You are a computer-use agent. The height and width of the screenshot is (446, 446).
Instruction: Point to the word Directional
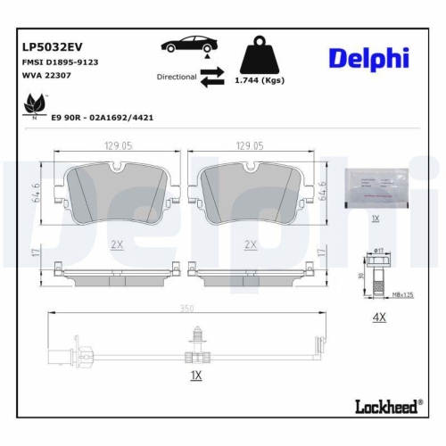(176, 78)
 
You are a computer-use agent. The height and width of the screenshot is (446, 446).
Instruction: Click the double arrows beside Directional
(212, 79)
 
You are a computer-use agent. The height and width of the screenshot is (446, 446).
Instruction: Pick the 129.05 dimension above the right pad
(251, 145)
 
